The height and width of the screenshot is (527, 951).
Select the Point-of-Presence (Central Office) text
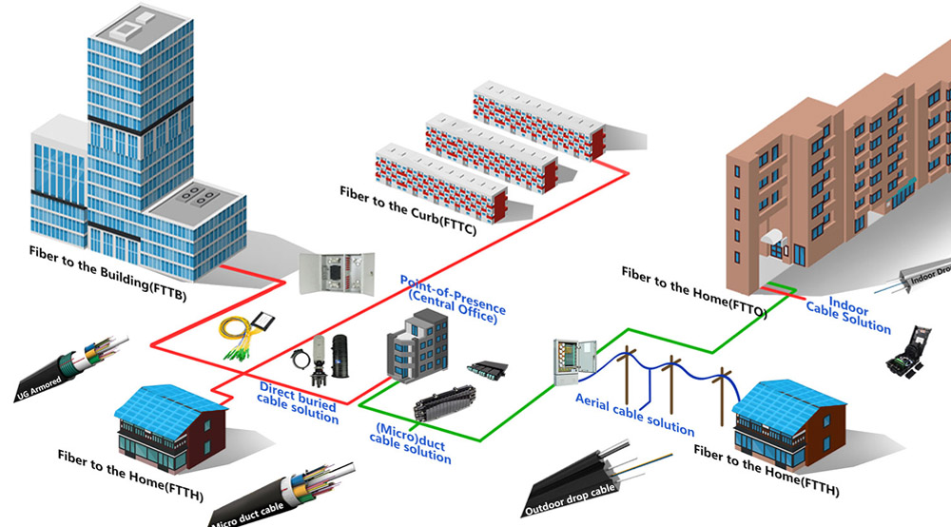[x=453, y=300]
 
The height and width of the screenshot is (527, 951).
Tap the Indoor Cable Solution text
[x=848, y=315]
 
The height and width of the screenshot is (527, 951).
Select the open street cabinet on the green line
[x=573, y=361]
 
